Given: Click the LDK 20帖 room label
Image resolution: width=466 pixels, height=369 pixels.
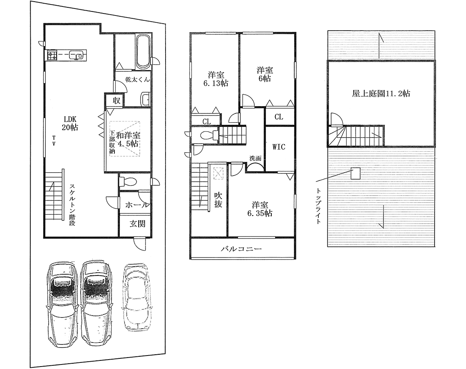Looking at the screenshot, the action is [x=70, y=123].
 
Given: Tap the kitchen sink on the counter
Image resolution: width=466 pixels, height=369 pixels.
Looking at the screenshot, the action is [x=76, y=55].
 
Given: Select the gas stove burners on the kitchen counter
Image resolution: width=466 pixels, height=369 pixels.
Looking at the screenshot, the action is [x=52, y=55].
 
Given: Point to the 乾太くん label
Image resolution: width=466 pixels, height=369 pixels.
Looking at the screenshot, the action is [x=137, y=80].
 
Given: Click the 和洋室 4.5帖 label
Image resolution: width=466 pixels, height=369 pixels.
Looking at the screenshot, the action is [x=128, y=139].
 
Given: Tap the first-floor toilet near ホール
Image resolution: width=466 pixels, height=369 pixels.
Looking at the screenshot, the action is [x=128, y=181].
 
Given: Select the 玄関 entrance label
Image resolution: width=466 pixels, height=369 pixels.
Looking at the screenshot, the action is [x=137, y=224].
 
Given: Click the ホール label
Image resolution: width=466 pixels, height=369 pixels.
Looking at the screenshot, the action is [x=137, y=205].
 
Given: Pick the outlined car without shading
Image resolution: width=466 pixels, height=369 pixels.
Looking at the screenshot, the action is [x=136, y=298].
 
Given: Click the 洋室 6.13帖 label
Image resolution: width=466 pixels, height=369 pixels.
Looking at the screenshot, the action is [x=216, y=79].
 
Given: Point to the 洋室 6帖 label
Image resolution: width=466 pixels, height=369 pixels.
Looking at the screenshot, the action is [x=264, y=74].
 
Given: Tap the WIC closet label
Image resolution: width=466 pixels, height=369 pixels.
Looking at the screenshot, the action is [x=279, y=147].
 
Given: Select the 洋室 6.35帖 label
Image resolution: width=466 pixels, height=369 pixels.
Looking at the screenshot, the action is [x=260, y=209].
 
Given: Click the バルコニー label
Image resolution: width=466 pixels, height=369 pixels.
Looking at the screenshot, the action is [x=241, y=249].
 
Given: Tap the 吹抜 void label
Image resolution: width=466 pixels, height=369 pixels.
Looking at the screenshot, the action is [x=218, y=200].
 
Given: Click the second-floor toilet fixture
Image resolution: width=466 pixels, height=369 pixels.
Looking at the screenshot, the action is [x=208, y=136].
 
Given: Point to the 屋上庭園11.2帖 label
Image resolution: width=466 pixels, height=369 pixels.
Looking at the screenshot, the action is [x=381, y=93].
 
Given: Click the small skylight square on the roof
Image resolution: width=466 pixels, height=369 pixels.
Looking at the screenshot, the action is [x=355, y=173].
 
